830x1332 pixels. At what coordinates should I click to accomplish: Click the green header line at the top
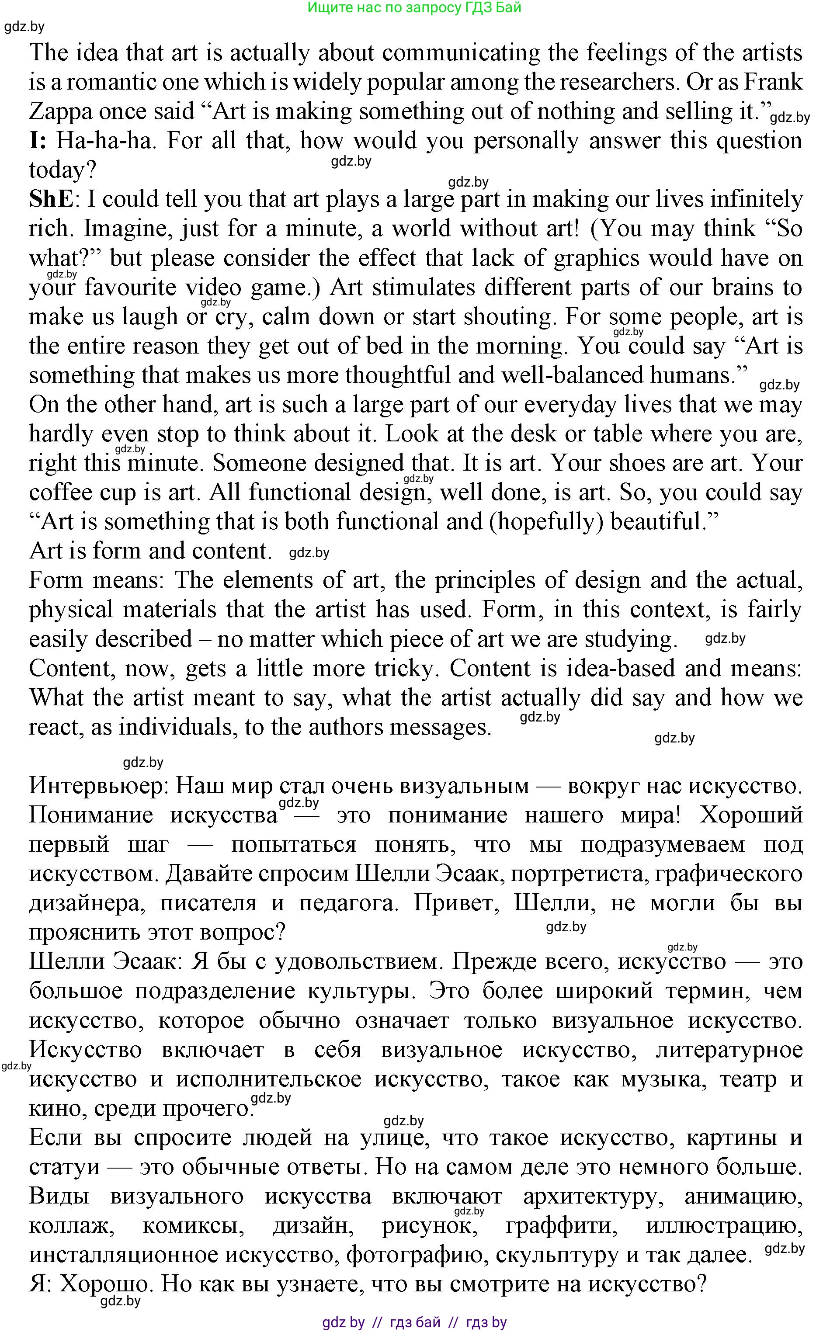414,8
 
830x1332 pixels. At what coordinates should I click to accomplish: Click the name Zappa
60,112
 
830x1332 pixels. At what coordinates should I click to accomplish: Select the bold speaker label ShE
51,199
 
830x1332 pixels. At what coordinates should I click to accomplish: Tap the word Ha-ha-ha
104,141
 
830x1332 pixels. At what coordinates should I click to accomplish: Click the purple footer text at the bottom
414,1323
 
